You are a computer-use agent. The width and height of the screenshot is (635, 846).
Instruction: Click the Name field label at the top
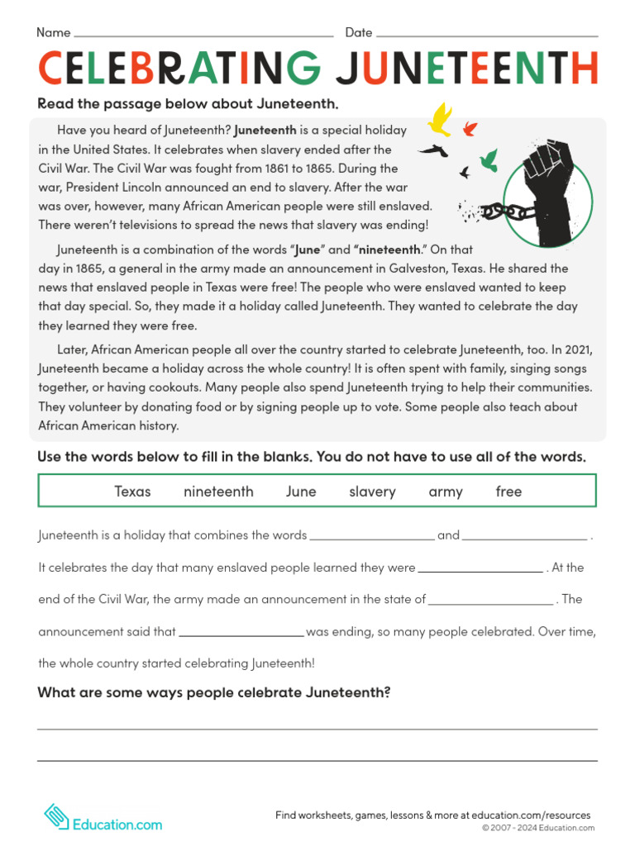click(54, 33)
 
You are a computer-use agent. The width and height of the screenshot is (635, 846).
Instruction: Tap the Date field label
click(359, 33)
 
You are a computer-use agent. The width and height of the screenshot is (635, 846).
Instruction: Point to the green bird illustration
click(489, 159)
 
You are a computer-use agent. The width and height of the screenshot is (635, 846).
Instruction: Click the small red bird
click(470, 128)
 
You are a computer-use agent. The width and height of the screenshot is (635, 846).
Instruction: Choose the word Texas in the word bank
click(132, 492)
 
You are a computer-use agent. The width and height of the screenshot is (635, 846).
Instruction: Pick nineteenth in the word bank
click(218, 492)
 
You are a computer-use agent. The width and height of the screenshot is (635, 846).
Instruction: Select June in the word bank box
click(301, 492)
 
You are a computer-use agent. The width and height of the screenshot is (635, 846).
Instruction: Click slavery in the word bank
click(372, 492)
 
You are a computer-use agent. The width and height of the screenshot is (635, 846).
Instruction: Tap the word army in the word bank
click(446, 492)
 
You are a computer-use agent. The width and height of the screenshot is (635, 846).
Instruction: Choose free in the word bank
click(508, 492)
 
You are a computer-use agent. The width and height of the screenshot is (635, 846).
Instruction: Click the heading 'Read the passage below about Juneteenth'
click(188, 104)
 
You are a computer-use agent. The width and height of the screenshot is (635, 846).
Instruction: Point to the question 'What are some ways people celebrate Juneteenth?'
click(213, 692)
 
